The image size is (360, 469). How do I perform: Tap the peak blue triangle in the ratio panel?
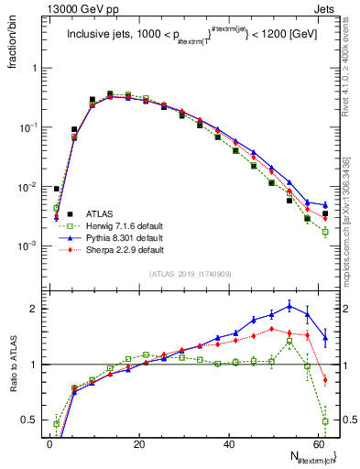[x=289, y=306]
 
